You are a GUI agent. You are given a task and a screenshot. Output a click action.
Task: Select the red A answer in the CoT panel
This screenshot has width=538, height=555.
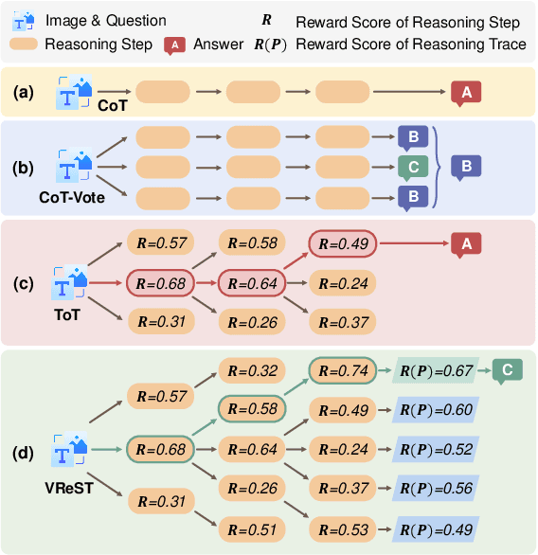click(x=465, y=92)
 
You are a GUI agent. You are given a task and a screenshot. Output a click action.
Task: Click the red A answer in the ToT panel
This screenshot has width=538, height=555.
click(x=465, y=244)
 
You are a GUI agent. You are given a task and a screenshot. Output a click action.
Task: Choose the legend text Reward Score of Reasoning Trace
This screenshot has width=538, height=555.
click(x=411, y=45)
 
